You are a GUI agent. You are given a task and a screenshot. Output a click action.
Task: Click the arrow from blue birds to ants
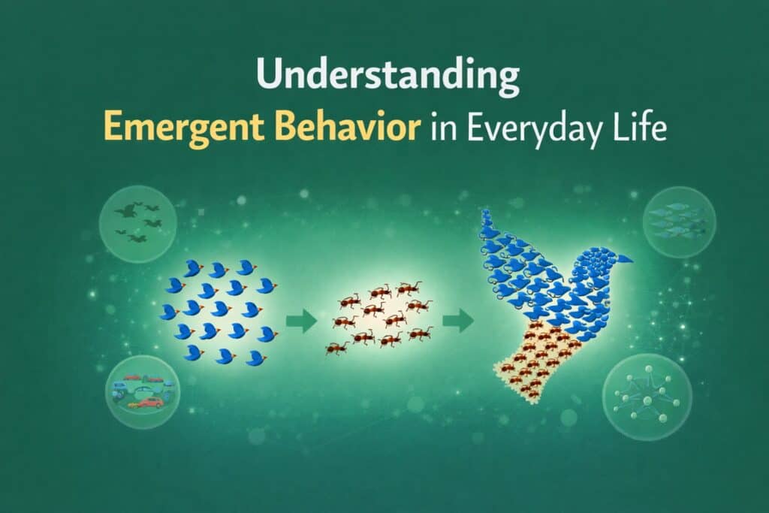coord(302,321)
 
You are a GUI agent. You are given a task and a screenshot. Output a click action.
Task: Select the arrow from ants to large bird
coord(458,321)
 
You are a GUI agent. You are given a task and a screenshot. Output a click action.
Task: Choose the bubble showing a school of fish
coord(679,223)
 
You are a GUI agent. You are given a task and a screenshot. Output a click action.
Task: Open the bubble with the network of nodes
coord(647,398)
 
